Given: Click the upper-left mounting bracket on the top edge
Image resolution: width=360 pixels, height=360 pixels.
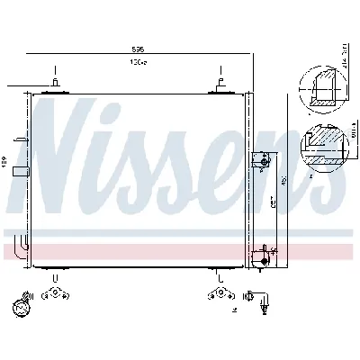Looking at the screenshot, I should pos(55,85).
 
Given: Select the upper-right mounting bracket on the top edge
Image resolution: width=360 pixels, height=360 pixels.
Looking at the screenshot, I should pos(218,85).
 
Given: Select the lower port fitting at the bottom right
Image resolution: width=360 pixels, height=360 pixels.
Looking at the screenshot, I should pos(263,256).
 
